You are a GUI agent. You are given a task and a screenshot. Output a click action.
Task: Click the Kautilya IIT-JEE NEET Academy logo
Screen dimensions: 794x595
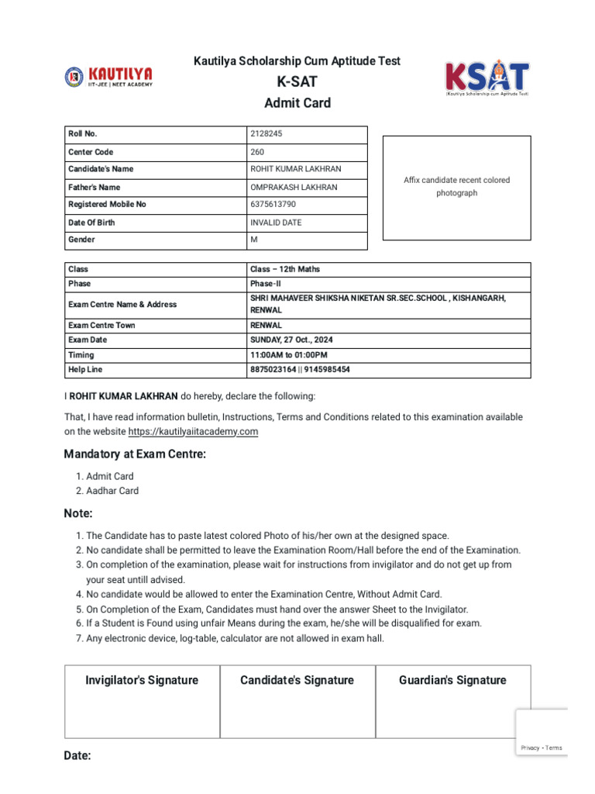click(x=108, y=76)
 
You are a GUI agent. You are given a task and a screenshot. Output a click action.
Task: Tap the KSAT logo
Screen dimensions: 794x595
click(x=487, y=79)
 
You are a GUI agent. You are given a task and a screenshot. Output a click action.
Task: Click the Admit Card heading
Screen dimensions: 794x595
click(x=297, y=103)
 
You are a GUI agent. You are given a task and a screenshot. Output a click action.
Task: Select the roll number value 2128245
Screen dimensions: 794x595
click(x=266, y=134)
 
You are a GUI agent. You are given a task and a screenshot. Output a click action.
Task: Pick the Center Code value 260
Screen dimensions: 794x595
click(x=256, y=152)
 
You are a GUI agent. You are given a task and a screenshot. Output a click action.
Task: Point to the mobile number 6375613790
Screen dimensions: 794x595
click(x=272, y=205)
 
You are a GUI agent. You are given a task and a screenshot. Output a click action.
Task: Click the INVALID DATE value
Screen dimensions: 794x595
click(x=275, y=223)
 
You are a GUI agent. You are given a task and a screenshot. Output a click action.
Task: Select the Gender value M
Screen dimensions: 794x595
click(x=253, y=240)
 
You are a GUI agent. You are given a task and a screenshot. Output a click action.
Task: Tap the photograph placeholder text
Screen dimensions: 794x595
click(x=456, y=186)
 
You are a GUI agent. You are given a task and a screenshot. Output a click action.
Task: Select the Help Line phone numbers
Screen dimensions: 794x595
click(x=300, y=370)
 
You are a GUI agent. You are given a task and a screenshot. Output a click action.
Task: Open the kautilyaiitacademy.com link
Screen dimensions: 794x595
click(x=193, y=431)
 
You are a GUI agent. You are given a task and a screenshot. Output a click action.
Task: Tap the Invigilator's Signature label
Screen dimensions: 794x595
click(x=142, y=680)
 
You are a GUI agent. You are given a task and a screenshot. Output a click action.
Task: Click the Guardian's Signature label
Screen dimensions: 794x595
click(x=452, y=680)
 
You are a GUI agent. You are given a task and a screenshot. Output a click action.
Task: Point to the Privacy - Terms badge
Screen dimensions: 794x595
click(x=542, y=747)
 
